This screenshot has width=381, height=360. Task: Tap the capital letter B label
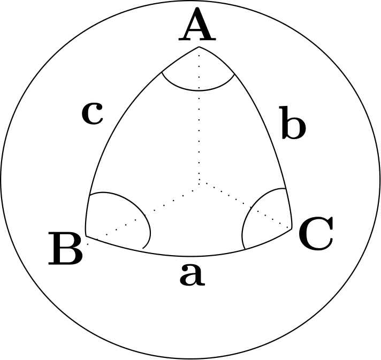point(66,249)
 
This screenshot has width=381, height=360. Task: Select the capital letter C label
point(316,233)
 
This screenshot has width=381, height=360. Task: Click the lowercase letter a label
point(192,274)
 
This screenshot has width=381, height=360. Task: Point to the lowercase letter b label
point(294,122)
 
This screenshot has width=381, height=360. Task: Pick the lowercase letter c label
point(93,113)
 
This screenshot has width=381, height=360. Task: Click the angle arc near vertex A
point(199,90)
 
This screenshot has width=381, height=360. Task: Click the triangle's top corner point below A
point(199,47)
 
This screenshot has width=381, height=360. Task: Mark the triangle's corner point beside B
point(86,236)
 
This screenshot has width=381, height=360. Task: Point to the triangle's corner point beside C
point(292,229)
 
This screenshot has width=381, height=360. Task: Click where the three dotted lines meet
point(199,184)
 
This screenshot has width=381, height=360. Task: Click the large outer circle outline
point(190,1)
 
